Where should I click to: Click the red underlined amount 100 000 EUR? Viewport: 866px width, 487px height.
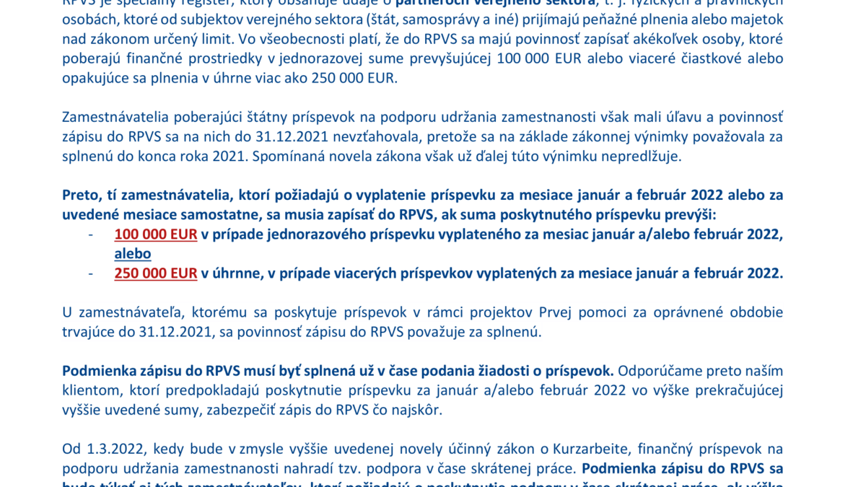[x=155, y=234]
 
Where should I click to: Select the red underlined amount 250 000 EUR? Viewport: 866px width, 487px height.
[x=155, y=273]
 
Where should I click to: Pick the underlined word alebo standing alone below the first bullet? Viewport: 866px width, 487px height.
[x=133, y=253]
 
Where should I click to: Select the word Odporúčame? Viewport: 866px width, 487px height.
[x=655, y=371]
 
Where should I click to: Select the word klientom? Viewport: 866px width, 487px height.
[x=89, y=390]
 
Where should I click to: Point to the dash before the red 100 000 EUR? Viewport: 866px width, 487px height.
[x=91, y=234]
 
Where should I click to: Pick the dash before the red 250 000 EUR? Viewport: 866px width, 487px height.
[x=91, y=273]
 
